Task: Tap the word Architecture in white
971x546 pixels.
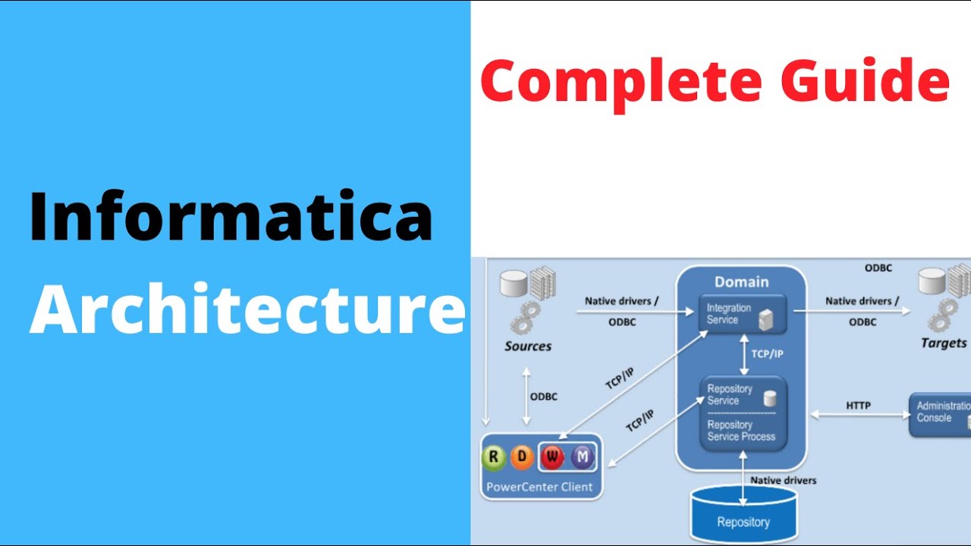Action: coord(247,311)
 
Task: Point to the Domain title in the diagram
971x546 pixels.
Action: coord(741,282)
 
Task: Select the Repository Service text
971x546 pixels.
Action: coord(730,394)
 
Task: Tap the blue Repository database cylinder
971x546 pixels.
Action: coord(743,517)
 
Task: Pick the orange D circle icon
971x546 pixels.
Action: coord(522,457)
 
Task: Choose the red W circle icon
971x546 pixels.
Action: coord(552,457)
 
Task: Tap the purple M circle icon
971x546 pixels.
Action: coord(583,457)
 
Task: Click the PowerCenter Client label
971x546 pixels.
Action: coord(539,487)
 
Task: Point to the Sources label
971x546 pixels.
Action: coord(528,347)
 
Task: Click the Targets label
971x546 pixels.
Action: coord(944,343)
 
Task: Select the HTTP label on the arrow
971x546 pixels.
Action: coord(858,406)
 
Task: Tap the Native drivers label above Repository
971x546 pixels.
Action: coord(783,480)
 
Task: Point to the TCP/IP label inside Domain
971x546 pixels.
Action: coord(767,354)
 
